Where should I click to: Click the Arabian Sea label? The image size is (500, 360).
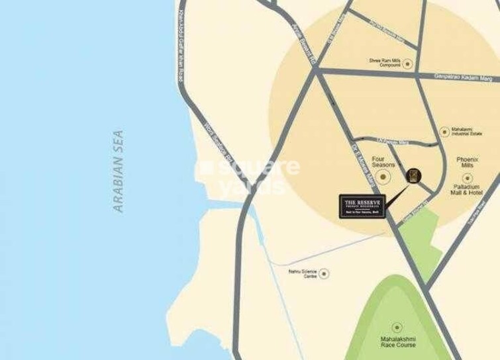[x=119, y=171]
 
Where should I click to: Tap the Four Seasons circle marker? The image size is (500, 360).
[x=383, y=177]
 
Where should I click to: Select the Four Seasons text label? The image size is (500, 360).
[x=383, y=162]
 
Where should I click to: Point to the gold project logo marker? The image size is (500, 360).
[x=413, y=175]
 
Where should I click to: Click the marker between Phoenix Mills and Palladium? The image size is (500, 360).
[x=468, y=177]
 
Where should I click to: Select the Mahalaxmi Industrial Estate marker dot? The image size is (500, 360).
[x=444, y=132]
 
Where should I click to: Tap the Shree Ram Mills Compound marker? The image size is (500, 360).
[x=407, y=64]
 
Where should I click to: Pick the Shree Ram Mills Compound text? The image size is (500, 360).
[x=385, y=64]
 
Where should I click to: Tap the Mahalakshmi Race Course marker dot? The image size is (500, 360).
[x=397, y=327]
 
